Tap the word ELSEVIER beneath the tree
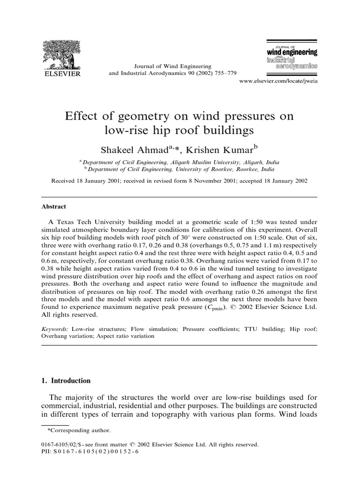pos(61,74)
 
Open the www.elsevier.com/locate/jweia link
pos(278,81)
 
